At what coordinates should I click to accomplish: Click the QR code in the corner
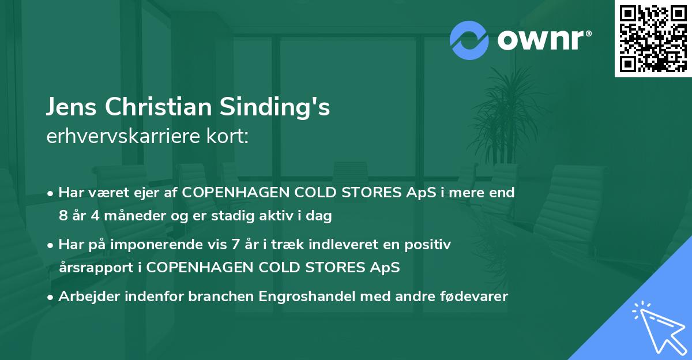653,38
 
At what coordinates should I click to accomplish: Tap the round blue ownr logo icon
469,40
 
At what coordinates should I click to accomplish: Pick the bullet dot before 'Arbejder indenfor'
51,297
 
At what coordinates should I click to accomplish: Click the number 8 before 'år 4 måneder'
63,216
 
